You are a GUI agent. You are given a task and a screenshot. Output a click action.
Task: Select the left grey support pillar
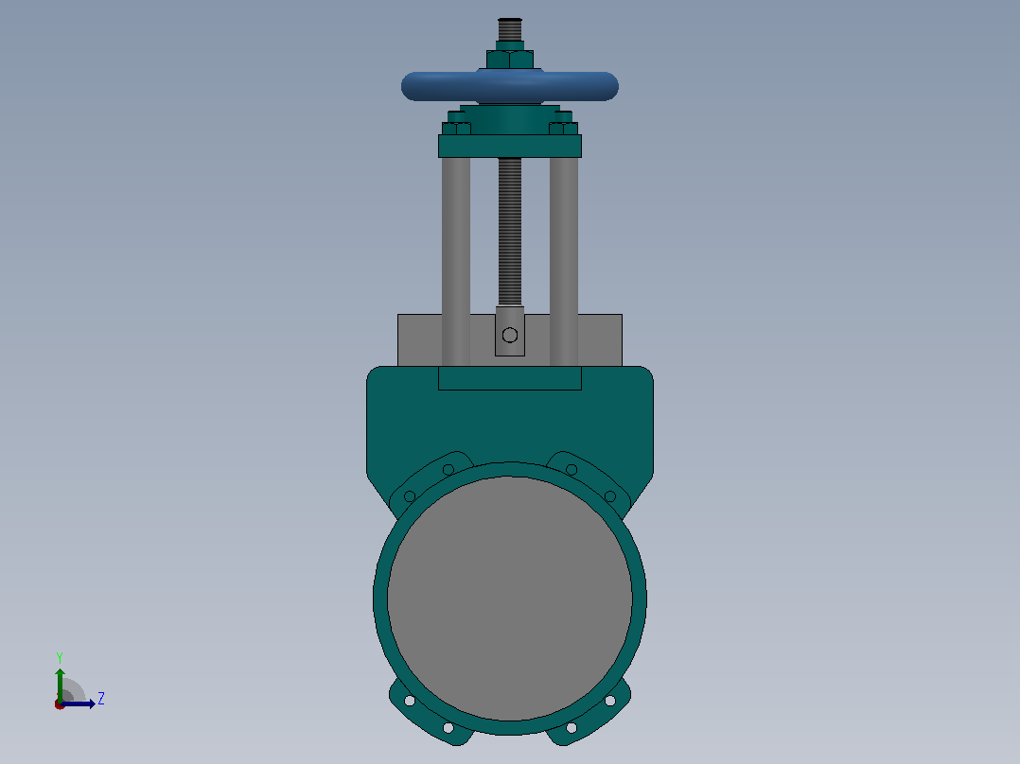pyautogui.click(x=456, y=261)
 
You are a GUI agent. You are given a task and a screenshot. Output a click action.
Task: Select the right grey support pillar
pyautogui.click(x=564, y=261)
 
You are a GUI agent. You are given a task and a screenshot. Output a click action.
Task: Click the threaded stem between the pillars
pyautogui.click(x=510, y=232)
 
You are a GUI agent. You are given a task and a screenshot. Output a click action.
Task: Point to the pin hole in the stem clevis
pyautogui.click(x=510, y=335)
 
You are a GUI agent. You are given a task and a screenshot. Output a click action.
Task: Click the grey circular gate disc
pyautogui.click(x=510, y=599)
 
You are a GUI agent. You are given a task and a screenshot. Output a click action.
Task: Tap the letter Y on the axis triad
pyautogui.click(x=60, y=658)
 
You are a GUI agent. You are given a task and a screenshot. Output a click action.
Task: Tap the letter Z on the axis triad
pyautogui.click(x=101, y=699)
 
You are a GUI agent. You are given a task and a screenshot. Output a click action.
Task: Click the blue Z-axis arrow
pyautogui.click(x=78, y=704)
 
